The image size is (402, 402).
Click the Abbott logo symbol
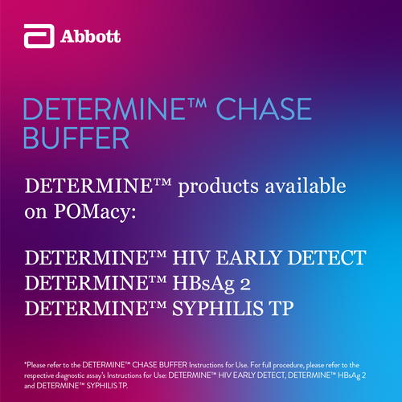39,36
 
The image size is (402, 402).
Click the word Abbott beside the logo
90,36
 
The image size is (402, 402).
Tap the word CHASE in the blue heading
264,109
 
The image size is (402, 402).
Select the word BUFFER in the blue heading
76,137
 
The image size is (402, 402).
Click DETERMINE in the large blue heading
105,109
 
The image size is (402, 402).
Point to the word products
219,187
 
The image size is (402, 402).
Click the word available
306,185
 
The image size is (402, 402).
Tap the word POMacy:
95,212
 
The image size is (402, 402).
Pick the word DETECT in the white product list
327,257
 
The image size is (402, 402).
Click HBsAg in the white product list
203,284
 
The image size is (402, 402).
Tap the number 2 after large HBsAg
245,284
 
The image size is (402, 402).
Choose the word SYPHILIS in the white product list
218,309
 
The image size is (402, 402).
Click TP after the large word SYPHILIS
282,309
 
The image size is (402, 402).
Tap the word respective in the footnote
39,376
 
